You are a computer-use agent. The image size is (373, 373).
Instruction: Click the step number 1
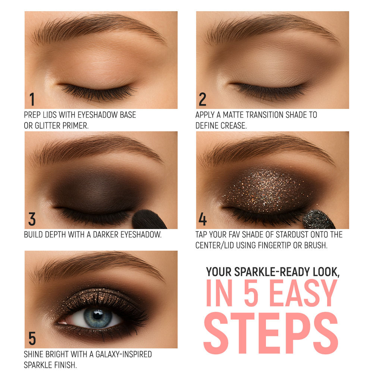click(x=32, y=99)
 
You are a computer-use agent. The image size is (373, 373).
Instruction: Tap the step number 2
click(x=203, y=99)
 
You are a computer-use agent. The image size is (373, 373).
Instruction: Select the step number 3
click(x=32, y=219)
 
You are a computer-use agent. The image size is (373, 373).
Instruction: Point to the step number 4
click(x=203, y=219)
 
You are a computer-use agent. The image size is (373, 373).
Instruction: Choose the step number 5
click(x=32, y=339)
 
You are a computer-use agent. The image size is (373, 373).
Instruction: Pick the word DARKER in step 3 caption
click(x=106, y=235)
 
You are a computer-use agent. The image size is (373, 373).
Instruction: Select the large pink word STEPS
click(x=271, y=333)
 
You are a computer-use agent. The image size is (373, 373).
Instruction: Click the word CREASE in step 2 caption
click(x=233, y=126)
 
